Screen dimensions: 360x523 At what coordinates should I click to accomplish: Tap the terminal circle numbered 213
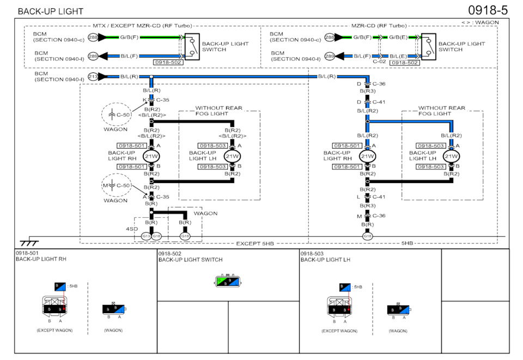[93, 77]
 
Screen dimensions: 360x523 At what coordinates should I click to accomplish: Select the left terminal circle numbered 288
[93, 37]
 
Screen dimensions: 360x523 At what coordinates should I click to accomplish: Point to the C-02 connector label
[379, 62]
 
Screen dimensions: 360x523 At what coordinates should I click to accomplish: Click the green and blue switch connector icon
[228, 281]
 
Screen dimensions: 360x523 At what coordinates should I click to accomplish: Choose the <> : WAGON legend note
[480, 22]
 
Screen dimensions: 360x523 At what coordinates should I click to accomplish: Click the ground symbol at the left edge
[29, 242]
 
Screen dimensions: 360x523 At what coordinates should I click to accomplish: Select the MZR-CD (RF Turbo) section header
[379, 25]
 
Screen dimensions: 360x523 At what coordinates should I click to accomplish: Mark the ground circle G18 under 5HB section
[368, 236]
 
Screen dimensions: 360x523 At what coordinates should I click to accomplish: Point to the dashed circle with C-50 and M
[116, 186]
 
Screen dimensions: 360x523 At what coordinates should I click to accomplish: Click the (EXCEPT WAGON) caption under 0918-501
[54, 331]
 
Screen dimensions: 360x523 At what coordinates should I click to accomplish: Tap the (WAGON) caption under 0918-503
[398, 331]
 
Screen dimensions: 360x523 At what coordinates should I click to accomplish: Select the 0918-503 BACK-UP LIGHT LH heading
[325, 257]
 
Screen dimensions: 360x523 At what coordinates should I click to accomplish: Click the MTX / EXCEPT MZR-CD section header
[141, 25]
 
